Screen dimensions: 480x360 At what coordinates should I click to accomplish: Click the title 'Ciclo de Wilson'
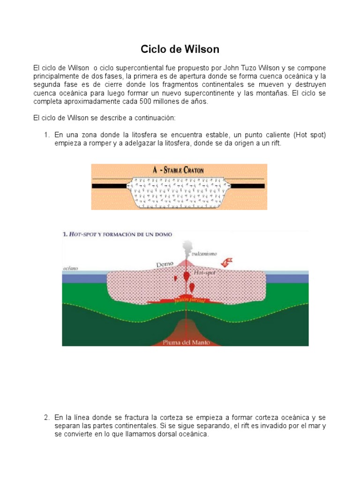click(180, 49)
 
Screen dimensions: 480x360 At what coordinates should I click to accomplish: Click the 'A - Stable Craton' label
click(180, 170)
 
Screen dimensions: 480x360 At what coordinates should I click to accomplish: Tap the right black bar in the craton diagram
click(249, 186)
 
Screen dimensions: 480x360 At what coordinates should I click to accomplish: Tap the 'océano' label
click(71, 268)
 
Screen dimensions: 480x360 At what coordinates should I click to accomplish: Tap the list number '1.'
click(47, 135)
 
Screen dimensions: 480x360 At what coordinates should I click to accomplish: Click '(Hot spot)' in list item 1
click(310, 135)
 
